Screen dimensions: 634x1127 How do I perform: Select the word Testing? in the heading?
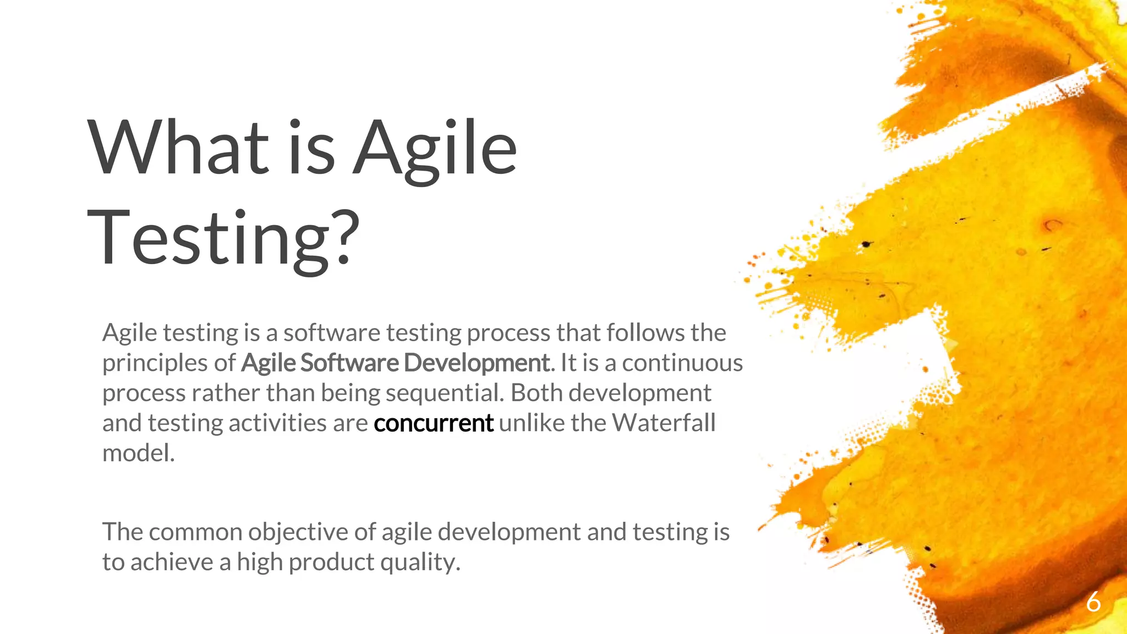[x=223, y=238]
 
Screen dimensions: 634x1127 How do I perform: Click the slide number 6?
[x=1093, y=602]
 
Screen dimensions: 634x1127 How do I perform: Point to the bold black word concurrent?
[x=433, y=423]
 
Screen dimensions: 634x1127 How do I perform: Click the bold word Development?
[x=476, y=363]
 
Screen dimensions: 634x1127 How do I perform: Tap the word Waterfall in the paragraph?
[x=664, y=423]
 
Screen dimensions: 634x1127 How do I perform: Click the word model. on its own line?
[x=138, y=453]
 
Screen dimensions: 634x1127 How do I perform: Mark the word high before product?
[x=259, y=563]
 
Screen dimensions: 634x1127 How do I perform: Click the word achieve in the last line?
[x=172, y=562]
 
